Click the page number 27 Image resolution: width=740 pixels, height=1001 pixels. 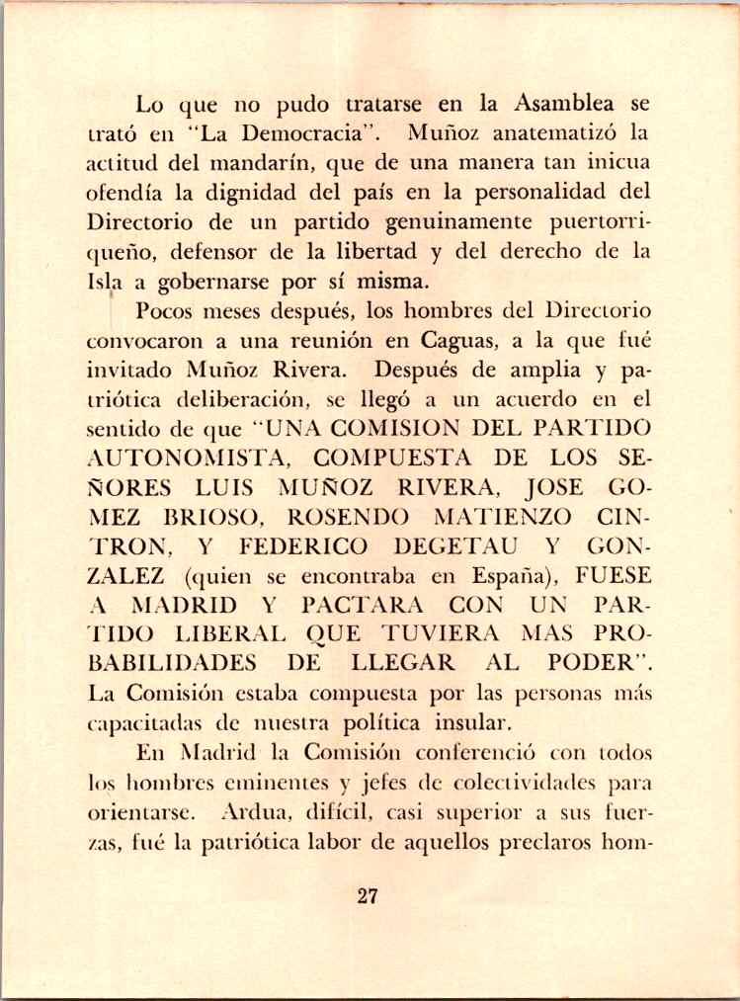[369, 896]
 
